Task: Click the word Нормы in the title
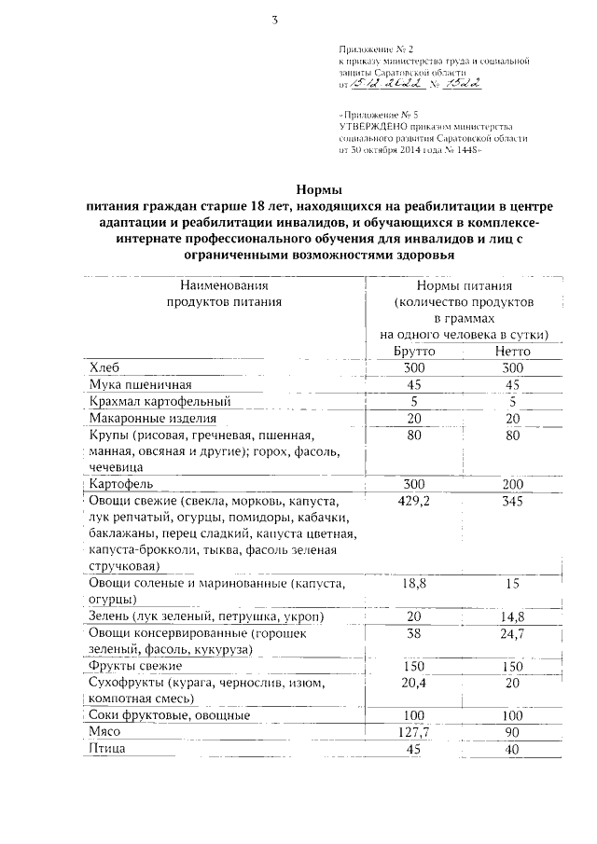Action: point(312,187)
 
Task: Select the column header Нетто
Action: point(512,352)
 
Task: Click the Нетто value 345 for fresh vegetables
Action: point(512,502)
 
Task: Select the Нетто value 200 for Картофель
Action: point(512,485)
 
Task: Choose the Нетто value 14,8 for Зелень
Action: point(512,617)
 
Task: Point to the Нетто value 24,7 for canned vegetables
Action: point(512,634)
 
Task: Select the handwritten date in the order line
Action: point(390,85)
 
